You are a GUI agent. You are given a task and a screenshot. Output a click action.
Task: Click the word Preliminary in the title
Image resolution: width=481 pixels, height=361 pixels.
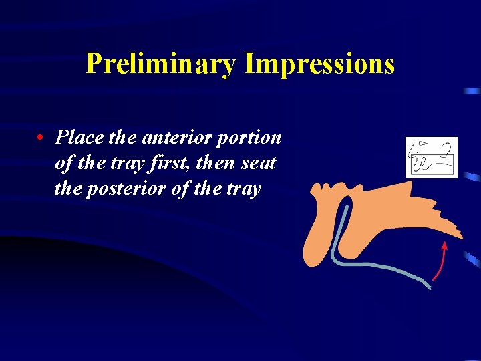coord(162,64)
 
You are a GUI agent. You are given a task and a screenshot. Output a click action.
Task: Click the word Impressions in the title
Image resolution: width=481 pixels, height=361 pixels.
coord(319,64)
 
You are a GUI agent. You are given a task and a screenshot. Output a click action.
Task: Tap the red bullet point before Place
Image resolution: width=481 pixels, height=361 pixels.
coord(41,138)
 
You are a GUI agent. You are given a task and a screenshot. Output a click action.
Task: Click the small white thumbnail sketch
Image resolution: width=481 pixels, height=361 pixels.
coord(431,158)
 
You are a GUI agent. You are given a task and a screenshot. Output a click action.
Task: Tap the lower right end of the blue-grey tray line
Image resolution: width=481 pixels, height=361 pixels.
coord(429,287)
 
